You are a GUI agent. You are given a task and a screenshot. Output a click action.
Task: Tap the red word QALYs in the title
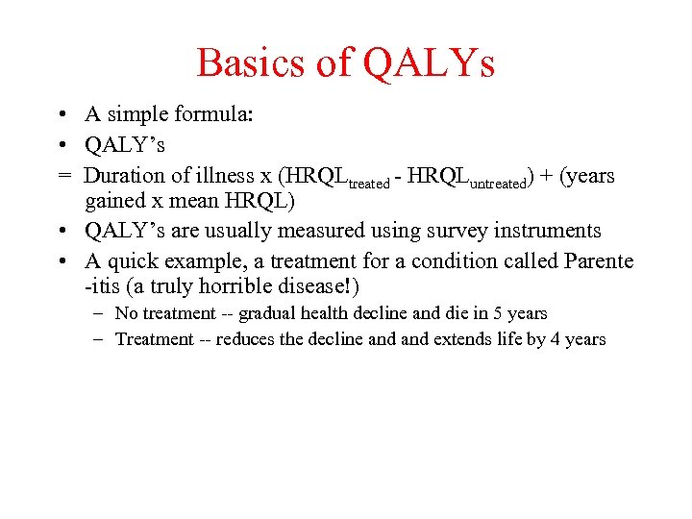(x=428, y=63)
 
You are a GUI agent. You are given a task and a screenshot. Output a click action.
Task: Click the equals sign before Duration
(x=62, y=176)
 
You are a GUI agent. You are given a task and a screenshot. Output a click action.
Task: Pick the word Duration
(x=123, y=176)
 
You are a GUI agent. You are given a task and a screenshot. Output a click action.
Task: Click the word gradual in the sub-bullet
(x=268, y=313)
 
